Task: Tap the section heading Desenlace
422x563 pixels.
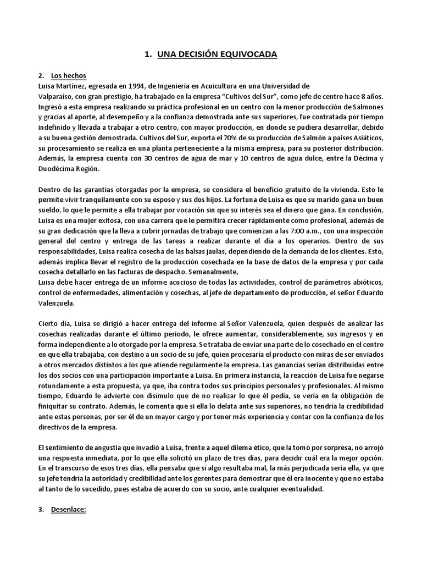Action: click(x=70, y=510)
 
